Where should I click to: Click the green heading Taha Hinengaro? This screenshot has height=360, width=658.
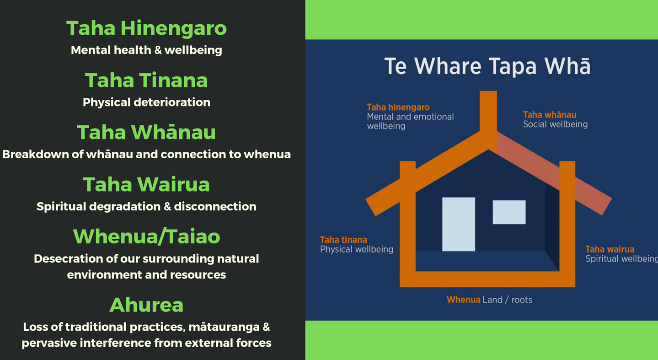pyautogui.click(x=146, y=28)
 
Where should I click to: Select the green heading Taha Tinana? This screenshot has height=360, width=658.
pyautogui.click(x=146, y=80)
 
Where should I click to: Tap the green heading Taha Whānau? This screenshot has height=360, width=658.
pyautogui.click(x=146, y=132)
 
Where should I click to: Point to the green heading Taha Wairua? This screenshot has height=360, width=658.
pyautogui.click(x=146, y=184)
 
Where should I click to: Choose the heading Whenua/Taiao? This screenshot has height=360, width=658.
pyautogui.click(x=146, y=236)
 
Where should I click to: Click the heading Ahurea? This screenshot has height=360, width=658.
pyautogui.click(x=146, y=305)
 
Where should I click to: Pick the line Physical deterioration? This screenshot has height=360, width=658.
pyautogui.click(x=146, y=102)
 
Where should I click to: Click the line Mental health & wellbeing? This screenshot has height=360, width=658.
pyautogui.click(x=146, y=50)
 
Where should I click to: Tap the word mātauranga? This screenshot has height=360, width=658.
pyautogui.click(x=224, y=327)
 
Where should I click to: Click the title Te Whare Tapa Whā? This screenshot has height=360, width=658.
pyautogui.click(x=487, y=66)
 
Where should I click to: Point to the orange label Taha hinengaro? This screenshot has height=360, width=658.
pyautogui.click(x=398, y=107)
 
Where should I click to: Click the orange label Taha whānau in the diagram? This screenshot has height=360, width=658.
pyautogui.click(x=550, y=115)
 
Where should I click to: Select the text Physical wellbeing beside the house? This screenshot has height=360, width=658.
pyautogui.click(x=357, y=249)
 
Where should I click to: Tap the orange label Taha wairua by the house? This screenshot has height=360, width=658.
pyautogui.click(x=610, y=249)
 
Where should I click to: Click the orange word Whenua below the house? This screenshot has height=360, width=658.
pyautogui.click(x=463, y=300)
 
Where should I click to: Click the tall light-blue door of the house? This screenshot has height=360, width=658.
pyautogui.click(x=459, y=224)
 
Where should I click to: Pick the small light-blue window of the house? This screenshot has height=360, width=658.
pyautogui.click(x=509, y=212)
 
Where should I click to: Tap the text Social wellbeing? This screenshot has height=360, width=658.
pyautogui.click(x=555, y=124)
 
